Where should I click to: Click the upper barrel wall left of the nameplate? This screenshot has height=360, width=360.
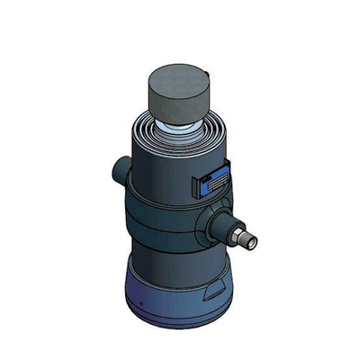click(x=157, y=175)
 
